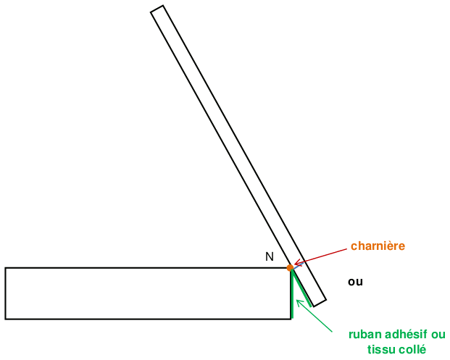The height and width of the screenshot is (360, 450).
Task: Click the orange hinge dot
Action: [x=290, y=268]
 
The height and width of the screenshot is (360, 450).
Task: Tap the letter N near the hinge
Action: [x=270, y=256]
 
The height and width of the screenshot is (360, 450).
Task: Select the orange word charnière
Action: [x=378, y=246]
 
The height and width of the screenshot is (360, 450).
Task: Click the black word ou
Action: [x=355, y=281]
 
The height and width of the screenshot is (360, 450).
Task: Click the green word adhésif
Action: [x=407, y=335]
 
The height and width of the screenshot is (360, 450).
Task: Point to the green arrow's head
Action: [x=298, y=299]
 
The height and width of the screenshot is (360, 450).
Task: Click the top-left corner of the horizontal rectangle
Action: [x=6, y=268]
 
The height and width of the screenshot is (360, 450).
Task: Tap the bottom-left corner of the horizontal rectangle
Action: [x=6, y=319]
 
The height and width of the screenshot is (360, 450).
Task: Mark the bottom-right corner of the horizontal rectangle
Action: [x=291, y=319]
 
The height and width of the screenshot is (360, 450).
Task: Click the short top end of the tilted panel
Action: [x=157, y=9]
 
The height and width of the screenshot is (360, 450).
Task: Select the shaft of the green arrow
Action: [x=316, y=317]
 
